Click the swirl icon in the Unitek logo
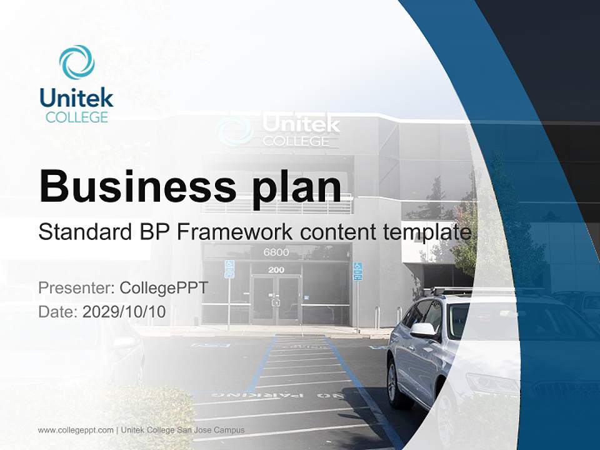77,62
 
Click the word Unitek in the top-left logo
76,97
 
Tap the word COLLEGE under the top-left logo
77,117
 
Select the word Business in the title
137,187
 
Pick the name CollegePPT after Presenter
164,287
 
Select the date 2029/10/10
124,312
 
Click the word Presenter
76,287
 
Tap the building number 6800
276,252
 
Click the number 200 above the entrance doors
276,270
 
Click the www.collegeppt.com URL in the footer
76,430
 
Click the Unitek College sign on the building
278,129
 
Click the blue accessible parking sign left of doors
229,269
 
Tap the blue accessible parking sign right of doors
357,271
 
